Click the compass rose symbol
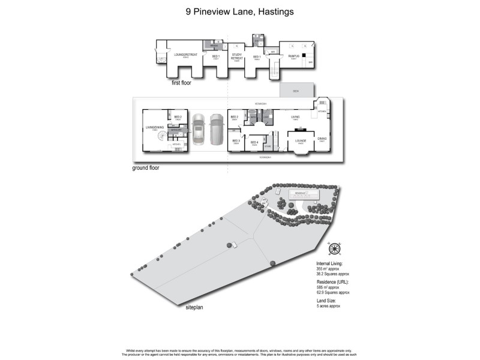click(334, 249)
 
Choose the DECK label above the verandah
click(296, 91)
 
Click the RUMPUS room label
click(293, 56)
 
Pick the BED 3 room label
click(236, 142)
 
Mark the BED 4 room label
click(254, 142)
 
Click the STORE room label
click(268, 146)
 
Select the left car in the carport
click(199, 128)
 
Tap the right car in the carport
click(215, 128)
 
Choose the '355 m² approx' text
click(330, 269)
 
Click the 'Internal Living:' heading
click(331, 263)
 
